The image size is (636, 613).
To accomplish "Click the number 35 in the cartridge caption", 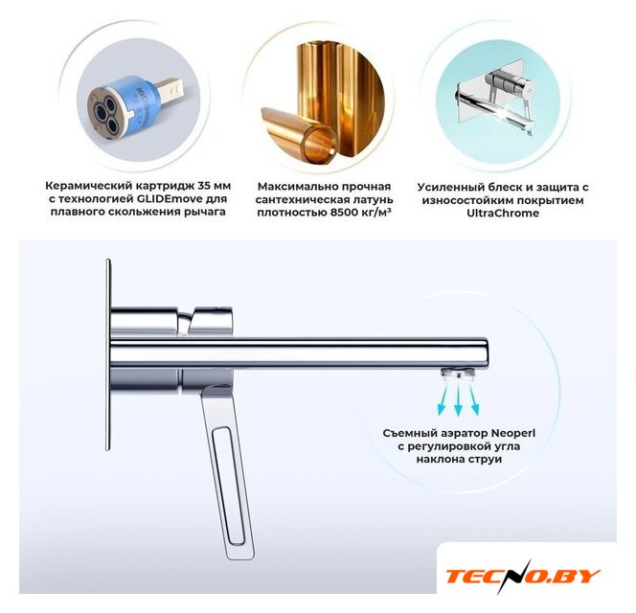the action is [204, 186].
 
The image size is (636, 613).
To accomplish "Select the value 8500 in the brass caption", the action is [341, 213].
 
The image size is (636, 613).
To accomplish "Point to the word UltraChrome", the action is [503, 213].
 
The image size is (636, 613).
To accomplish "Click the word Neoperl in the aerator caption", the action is [513, 433].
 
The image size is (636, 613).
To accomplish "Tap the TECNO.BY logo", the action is [523, 576].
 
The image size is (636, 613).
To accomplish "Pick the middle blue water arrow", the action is [459, 400].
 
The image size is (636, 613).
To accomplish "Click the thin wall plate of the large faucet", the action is [108, 354].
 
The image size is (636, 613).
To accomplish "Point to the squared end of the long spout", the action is [485, 352].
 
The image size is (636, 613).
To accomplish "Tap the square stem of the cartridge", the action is [170, 87].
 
